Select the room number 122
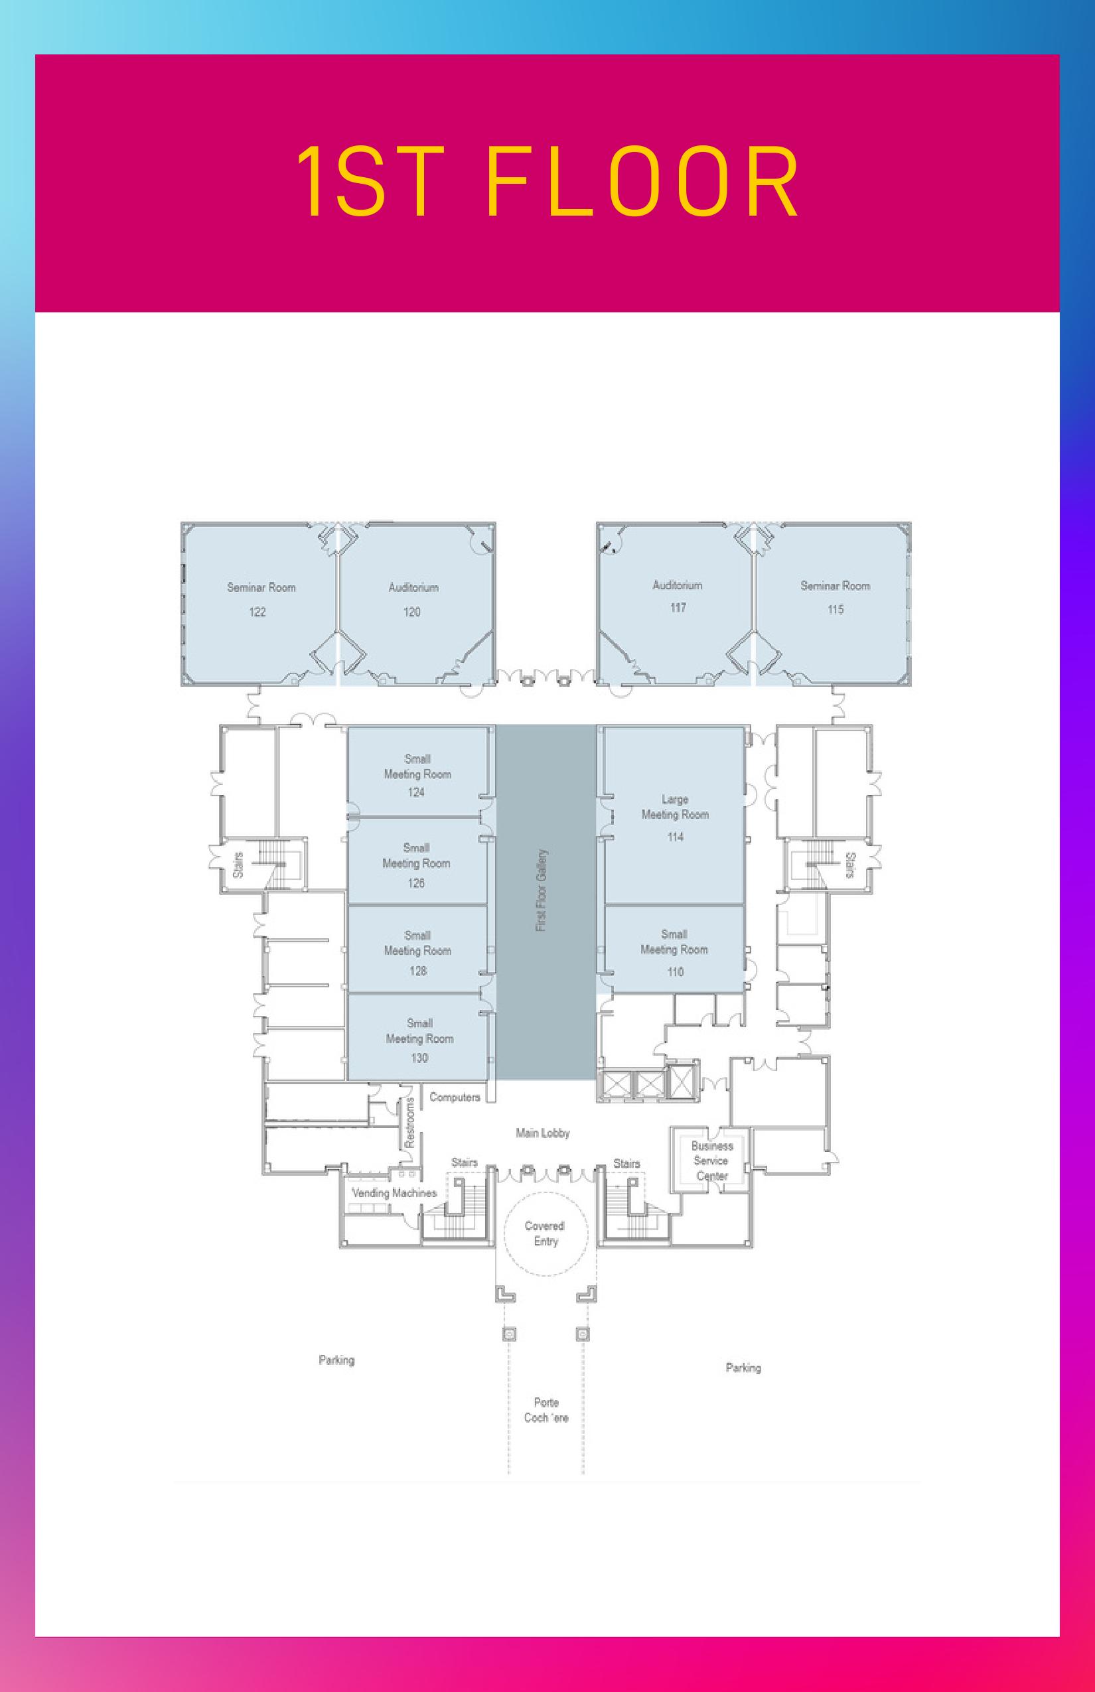click(257, 611)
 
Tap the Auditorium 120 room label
click(413, 599)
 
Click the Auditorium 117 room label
click(678, 596)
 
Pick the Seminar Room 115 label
click(835, 597)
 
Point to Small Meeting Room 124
click(417, 775)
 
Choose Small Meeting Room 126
click(416, 865)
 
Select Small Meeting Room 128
click(417, 952)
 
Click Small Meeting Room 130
click(419, 1040)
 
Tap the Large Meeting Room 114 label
click(675, 817)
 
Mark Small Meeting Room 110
click(674, 952)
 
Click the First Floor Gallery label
click(542, 890)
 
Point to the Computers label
click(455, 1097)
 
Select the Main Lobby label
click(543, 1133)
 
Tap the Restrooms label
click(409, 1123)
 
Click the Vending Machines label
click(394, 1192)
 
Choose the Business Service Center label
click(711, 1161)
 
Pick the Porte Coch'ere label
click(546, 1410)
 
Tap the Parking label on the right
click(743, 1367)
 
